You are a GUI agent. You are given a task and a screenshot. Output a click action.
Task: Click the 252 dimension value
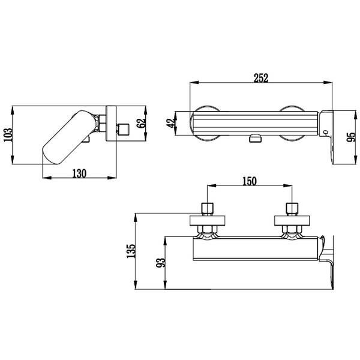(261, 78)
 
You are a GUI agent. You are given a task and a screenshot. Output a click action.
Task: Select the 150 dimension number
(250, 181)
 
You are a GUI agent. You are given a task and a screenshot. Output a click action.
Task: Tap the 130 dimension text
(79, 173)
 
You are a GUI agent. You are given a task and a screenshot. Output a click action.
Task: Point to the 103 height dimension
(8, 135)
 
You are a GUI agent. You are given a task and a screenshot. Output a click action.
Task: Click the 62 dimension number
(141, 123)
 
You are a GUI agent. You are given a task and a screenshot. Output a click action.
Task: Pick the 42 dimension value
(170, 123)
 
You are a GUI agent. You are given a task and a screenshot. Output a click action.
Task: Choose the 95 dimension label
(351, 137)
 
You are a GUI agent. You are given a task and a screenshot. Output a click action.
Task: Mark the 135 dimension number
(131, 251)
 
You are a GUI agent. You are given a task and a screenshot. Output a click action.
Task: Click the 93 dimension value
(160, 263)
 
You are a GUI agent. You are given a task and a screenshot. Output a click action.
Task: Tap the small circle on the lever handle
(325, 132)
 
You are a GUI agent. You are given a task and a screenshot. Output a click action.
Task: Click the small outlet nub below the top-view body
(255, 139)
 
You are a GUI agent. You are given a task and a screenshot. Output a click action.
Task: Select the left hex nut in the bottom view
(208, 229)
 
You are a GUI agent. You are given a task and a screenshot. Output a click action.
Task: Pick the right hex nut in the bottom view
(292, 229)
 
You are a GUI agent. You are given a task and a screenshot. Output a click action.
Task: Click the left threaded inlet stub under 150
(208, 209)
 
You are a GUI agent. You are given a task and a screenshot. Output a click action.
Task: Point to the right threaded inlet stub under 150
(292, 209)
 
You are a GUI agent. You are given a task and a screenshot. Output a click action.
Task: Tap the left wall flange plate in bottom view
(208, 220)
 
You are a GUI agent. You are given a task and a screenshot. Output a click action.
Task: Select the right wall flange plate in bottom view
(292, 220)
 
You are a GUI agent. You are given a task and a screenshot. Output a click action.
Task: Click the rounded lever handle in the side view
(70, 137)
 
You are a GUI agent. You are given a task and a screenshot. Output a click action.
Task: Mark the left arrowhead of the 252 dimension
(194, 82)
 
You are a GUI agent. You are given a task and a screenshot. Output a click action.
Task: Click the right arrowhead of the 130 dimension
(112, 178)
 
